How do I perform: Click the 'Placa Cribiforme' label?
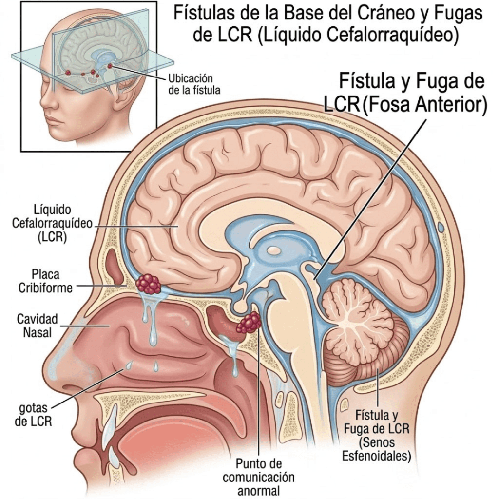(45, 281)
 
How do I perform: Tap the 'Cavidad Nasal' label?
(37, 326)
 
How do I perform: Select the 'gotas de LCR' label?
(33, 414)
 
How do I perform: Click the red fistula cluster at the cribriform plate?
(149, 284)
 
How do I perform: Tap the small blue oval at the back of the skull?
(441, 228)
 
